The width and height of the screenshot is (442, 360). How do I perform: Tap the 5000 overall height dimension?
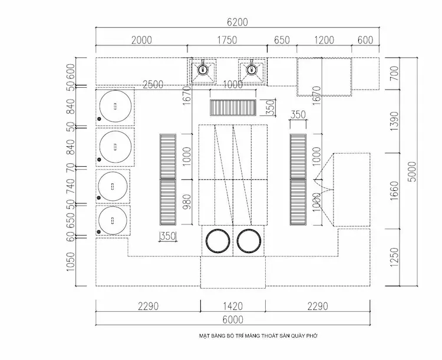[412, 171]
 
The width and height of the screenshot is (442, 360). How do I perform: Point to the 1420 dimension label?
[233, 306]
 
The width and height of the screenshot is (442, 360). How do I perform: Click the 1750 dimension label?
[227, 41]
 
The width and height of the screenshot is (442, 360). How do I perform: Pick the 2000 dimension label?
[141, 41]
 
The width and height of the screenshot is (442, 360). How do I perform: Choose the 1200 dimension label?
[324, 41]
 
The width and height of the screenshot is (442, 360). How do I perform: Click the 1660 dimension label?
[395, 190]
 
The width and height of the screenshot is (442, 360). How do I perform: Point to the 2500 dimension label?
[153, 85]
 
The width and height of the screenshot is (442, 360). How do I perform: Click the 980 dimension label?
[187, 202]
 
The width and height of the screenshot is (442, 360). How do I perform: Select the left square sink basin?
[203, 70]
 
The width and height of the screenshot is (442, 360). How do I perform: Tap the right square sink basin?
[253, 70]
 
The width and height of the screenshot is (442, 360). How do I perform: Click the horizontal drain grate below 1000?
[233, 108]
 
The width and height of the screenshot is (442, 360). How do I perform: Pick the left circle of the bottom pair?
[217, 241]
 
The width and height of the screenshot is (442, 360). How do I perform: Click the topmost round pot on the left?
[114, 107]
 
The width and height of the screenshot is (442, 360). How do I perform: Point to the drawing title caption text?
[259, 336]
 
